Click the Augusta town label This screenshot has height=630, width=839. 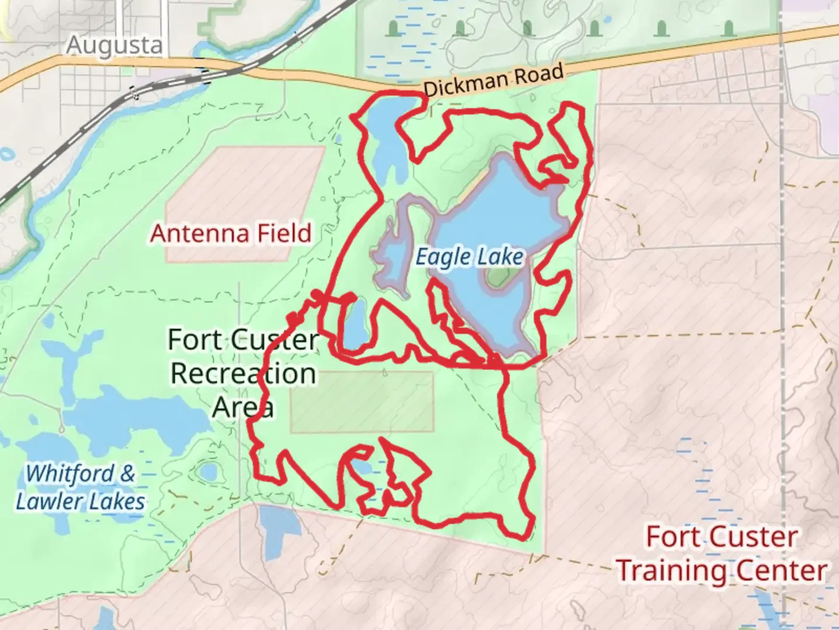pos(114,45)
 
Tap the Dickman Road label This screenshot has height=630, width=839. pos(493,80)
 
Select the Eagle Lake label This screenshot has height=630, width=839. pos(470,257)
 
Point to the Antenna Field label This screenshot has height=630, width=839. pos(231,233)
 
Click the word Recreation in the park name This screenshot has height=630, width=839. pos(243,373)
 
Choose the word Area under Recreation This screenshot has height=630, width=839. pos(242,407)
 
